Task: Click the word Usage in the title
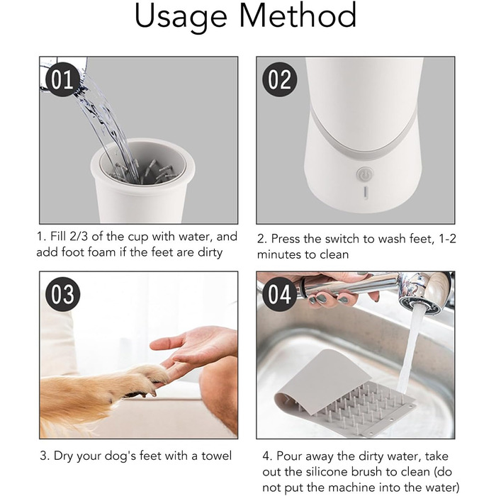tap(181, 16)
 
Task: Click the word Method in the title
tap(298, 15)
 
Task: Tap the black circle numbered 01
tap(62, 79)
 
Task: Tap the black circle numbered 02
tap(280, 79)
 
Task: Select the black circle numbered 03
tap(62, 294)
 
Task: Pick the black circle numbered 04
tap(280, 294)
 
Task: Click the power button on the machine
tap(365, 174)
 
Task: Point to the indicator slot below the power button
tap(366, 193)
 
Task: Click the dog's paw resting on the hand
tap(149, 378)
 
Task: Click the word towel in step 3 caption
tap(216, 456)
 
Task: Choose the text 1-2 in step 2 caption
tap(448, 239)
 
